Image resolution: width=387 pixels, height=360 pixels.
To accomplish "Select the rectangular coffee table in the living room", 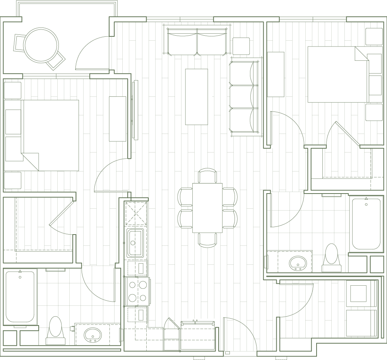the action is coord(196,96).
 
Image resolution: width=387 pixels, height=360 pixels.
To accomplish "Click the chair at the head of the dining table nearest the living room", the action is coord(207,175).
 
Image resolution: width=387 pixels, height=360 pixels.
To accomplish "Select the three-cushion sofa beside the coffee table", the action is coord(243,98).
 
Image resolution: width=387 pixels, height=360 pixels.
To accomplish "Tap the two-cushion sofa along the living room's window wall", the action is coord(197,42).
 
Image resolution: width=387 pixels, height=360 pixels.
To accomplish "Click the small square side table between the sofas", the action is coord(241,46).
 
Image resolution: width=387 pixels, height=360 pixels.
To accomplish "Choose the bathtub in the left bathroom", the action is coord(21,297).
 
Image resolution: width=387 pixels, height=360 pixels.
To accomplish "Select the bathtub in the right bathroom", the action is coord(366,224).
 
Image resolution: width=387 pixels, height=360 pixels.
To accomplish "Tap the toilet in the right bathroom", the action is coord(331,256).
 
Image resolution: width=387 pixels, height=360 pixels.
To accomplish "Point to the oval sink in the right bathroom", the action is coord(297,262).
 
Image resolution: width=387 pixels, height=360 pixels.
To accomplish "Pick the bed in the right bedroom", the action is coord(336,74).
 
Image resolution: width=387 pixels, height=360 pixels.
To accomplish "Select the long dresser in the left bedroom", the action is coord(118,119).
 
